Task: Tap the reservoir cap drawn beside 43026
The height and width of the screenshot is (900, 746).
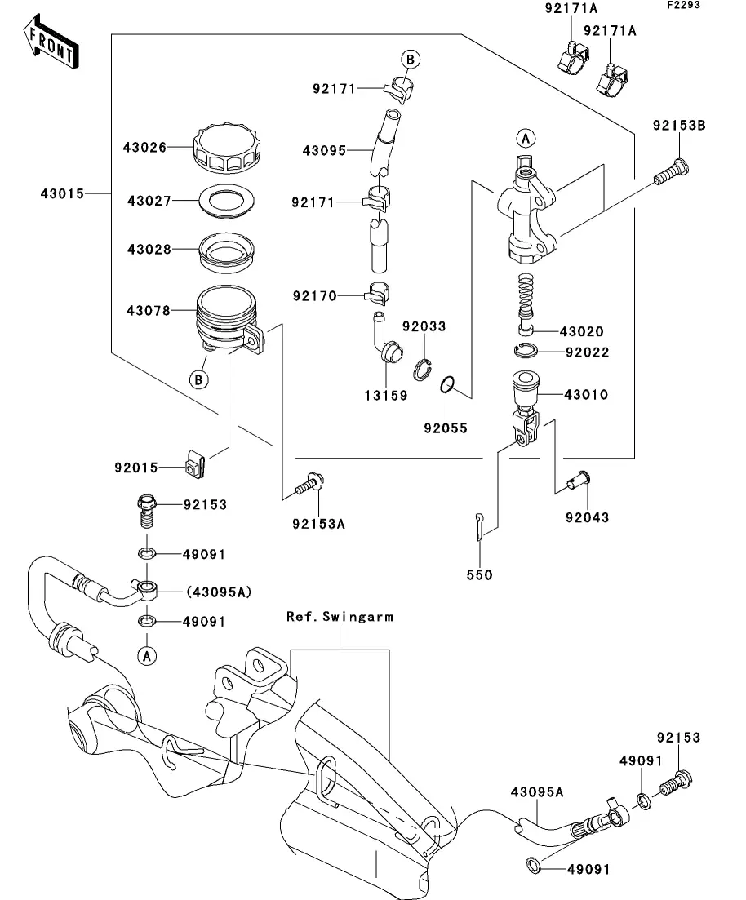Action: (x=225, y=148)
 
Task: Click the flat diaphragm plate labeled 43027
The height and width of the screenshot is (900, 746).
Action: (x=225, y=200)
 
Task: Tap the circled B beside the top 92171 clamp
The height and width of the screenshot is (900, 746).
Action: (x=411, y=59)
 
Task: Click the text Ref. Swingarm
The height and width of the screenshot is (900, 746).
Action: (x=340, y=617)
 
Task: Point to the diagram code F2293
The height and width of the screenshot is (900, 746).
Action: (x=686, y=6)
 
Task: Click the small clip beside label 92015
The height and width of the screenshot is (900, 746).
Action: (x=194, y=468)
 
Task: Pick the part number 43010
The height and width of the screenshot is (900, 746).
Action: (x=586, y=395)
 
